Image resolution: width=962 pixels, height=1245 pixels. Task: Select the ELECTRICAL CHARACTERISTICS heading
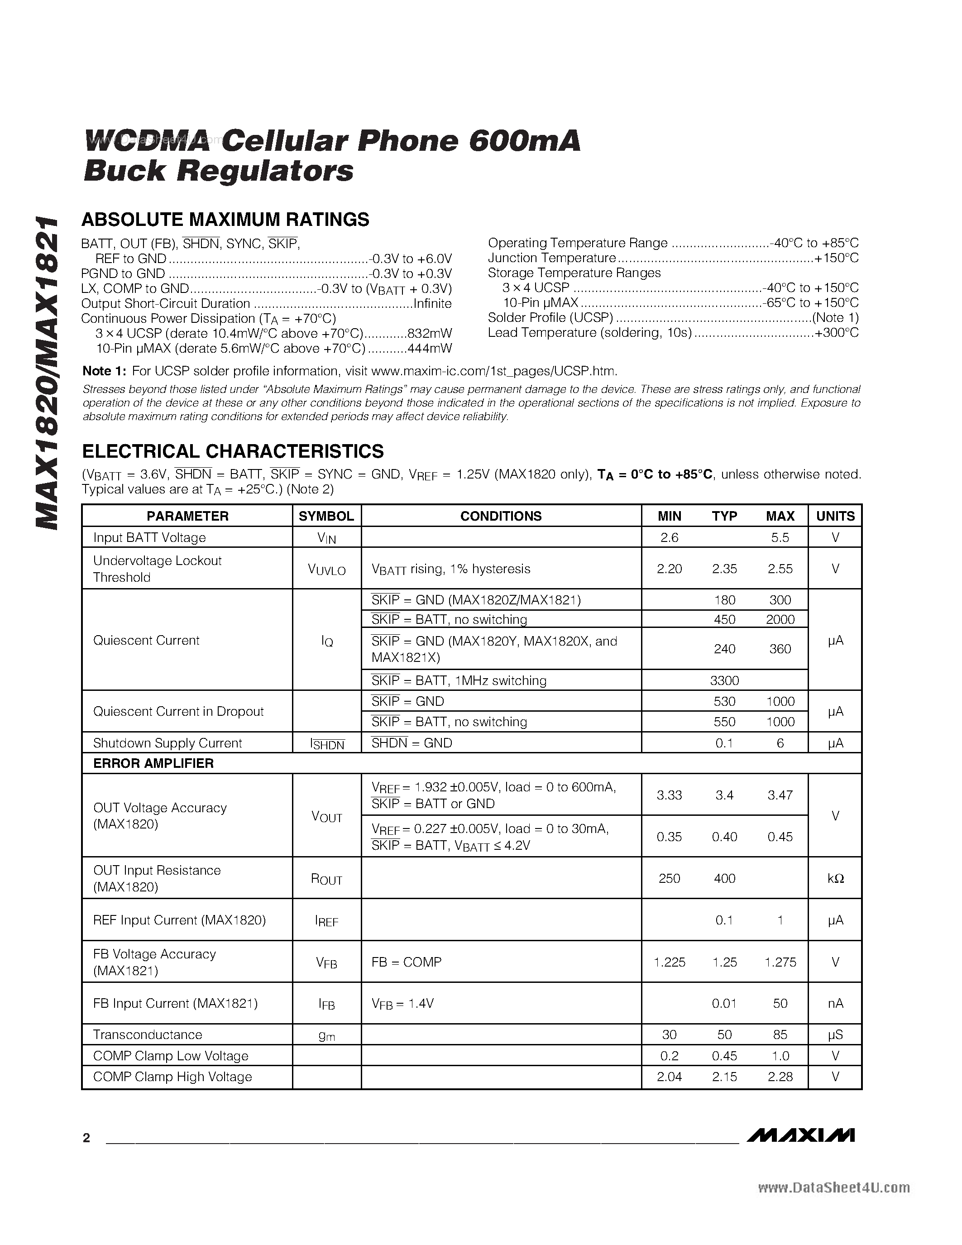pos(233,451)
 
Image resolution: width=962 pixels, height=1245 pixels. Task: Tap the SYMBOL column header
pos(326,516)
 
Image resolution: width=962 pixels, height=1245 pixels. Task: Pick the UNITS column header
pos(835,516)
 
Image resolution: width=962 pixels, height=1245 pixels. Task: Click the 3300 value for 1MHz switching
pos(724,680)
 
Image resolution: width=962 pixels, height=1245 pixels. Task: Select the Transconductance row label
pos(147,1034)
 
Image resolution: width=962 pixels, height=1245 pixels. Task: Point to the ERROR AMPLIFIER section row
pos(153,763)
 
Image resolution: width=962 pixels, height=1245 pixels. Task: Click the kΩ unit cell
pos(835,878)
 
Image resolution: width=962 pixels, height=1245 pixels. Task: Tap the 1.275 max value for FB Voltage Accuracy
pos(780,962)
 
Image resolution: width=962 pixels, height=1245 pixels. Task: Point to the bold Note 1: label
pos(104,371)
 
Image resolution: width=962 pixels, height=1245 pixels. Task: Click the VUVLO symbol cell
pos(326,570)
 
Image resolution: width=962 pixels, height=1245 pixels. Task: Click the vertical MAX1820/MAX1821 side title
pos(47,373)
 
